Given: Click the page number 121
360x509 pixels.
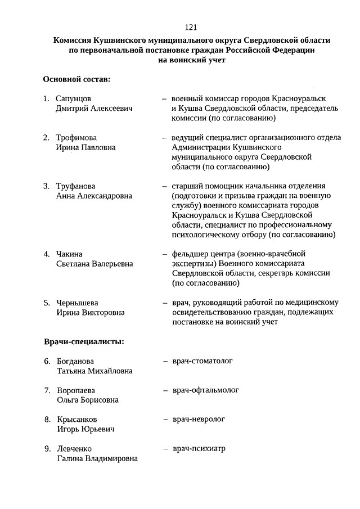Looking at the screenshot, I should point(190,27).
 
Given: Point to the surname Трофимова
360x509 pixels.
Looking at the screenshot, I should point(76,137).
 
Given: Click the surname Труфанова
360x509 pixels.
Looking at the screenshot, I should point(76,186).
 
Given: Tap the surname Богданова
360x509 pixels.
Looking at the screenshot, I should point(75,361).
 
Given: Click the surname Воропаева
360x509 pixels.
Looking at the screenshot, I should point(76,390).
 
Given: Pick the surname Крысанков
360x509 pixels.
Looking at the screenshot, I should point(77,420).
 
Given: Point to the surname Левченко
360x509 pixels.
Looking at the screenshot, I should point(74,449).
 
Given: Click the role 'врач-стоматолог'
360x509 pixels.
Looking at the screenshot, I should point(202,361).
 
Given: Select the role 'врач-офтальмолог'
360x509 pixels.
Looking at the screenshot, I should point(205,390).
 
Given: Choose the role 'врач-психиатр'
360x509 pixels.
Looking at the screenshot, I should point(199,448).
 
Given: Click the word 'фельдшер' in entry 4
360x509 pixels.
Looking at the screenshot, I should point(190,253).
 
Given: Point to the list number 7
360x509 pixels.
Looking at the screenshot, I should point(47,390).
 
